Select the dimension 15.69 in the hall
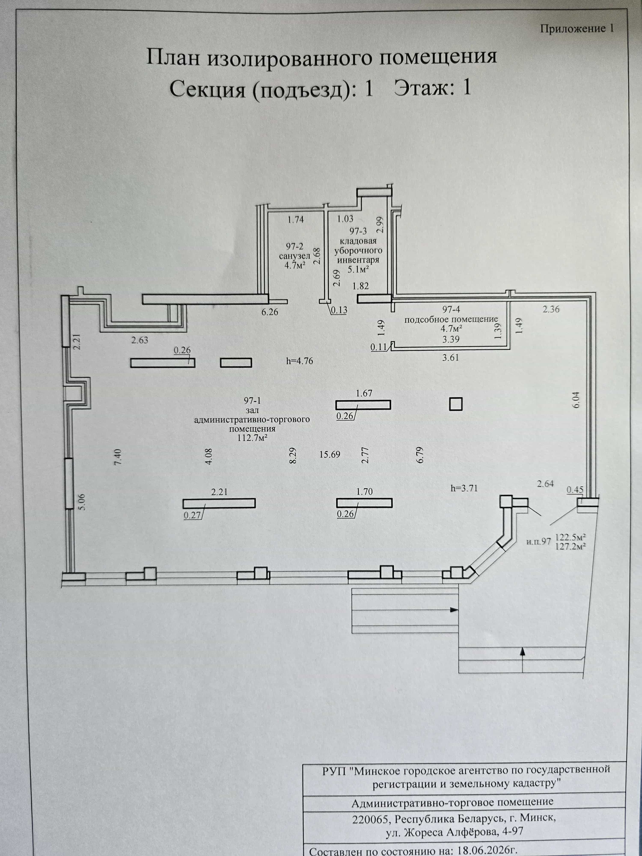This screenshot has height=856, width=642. point(330,454)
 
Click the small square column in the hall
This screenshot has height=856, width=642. point(456,404)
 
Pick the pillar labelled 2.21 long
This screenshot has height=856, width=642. point(219,503)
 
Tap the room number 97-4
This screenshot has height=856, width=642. point(451,309)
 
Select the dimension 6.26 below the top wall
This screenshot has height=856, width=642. point(270,312)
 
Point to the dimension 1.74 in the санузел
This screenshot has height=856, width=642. point(296,219)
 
